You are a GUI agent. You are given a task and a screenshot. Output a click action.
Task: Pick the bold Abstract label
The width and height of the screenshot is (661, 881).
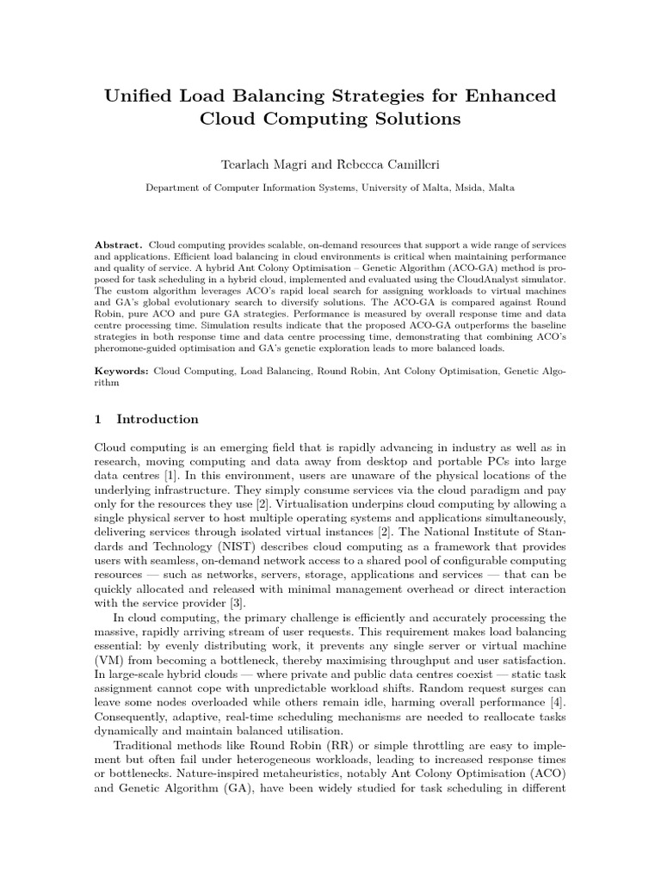coord(119,245)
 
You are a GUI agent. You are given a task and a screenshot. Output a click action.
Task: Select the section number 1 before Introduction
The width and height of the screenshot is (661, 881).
coord(98,420)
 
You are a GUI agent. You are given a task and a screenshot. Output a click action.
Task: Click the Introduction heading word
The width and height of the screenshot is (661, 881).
coord(158,420)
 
